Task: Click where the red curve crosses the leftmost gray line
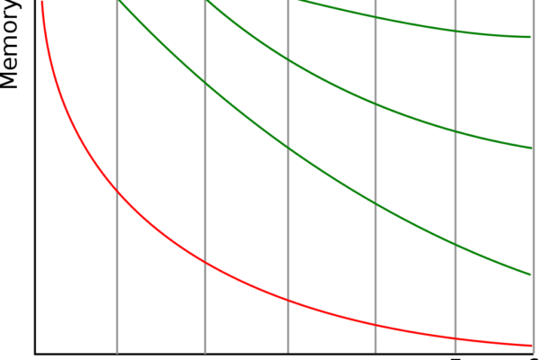pyautogui.click(x=117, y=190)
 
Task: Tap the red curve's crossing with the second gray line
pyautogui.click(x=205, y=264)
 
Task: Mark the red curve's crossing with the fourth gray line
pyautogui.click(x=375, y=324)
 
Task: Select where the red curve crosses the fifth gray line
pyautogui.click(x=455, y=337)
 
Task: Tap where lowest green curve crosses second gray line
pyautogui.click(x=205, y=85)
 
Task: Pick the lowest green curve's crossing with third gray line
pyautogui.click(x=288, y=147)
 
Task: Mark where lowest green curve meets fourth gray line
pyautogui.click(x=375, y=204)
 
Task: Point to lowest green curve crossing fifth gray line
pyautogui.click(x=455, y=245)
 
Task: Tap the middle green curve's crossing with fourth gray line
pyautogui.click(x=375, y=105)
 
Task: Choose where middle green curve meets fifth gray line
pyautogui.click(x=455, y=132)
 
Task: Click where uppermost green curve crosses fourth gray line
pyautogui.click(x=375, y=18)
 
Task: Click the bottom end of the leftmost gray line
pyautogui.click(x=117, y=352)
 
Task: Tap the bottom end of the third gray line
pyautogui.click(x=288, y=352)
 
